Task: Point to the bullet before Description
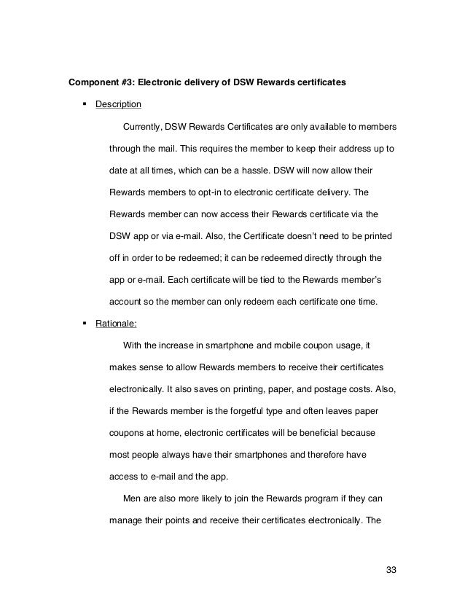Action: pos(87,104)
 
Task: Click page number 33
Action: pos(394,568)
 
